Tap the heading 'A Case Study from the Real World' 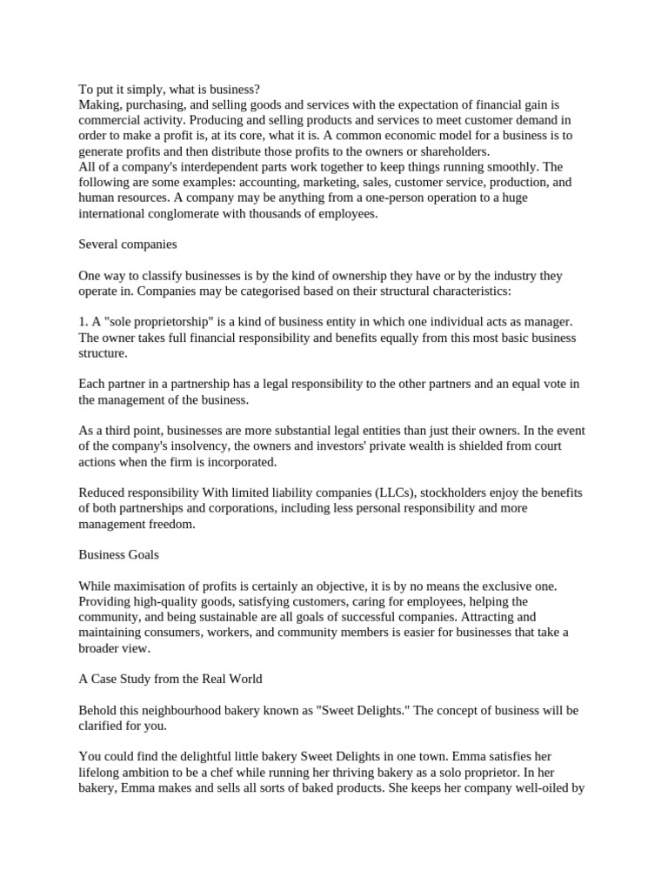[x=170, y=679]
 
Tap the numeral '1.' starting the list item [x=83, y=322]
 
